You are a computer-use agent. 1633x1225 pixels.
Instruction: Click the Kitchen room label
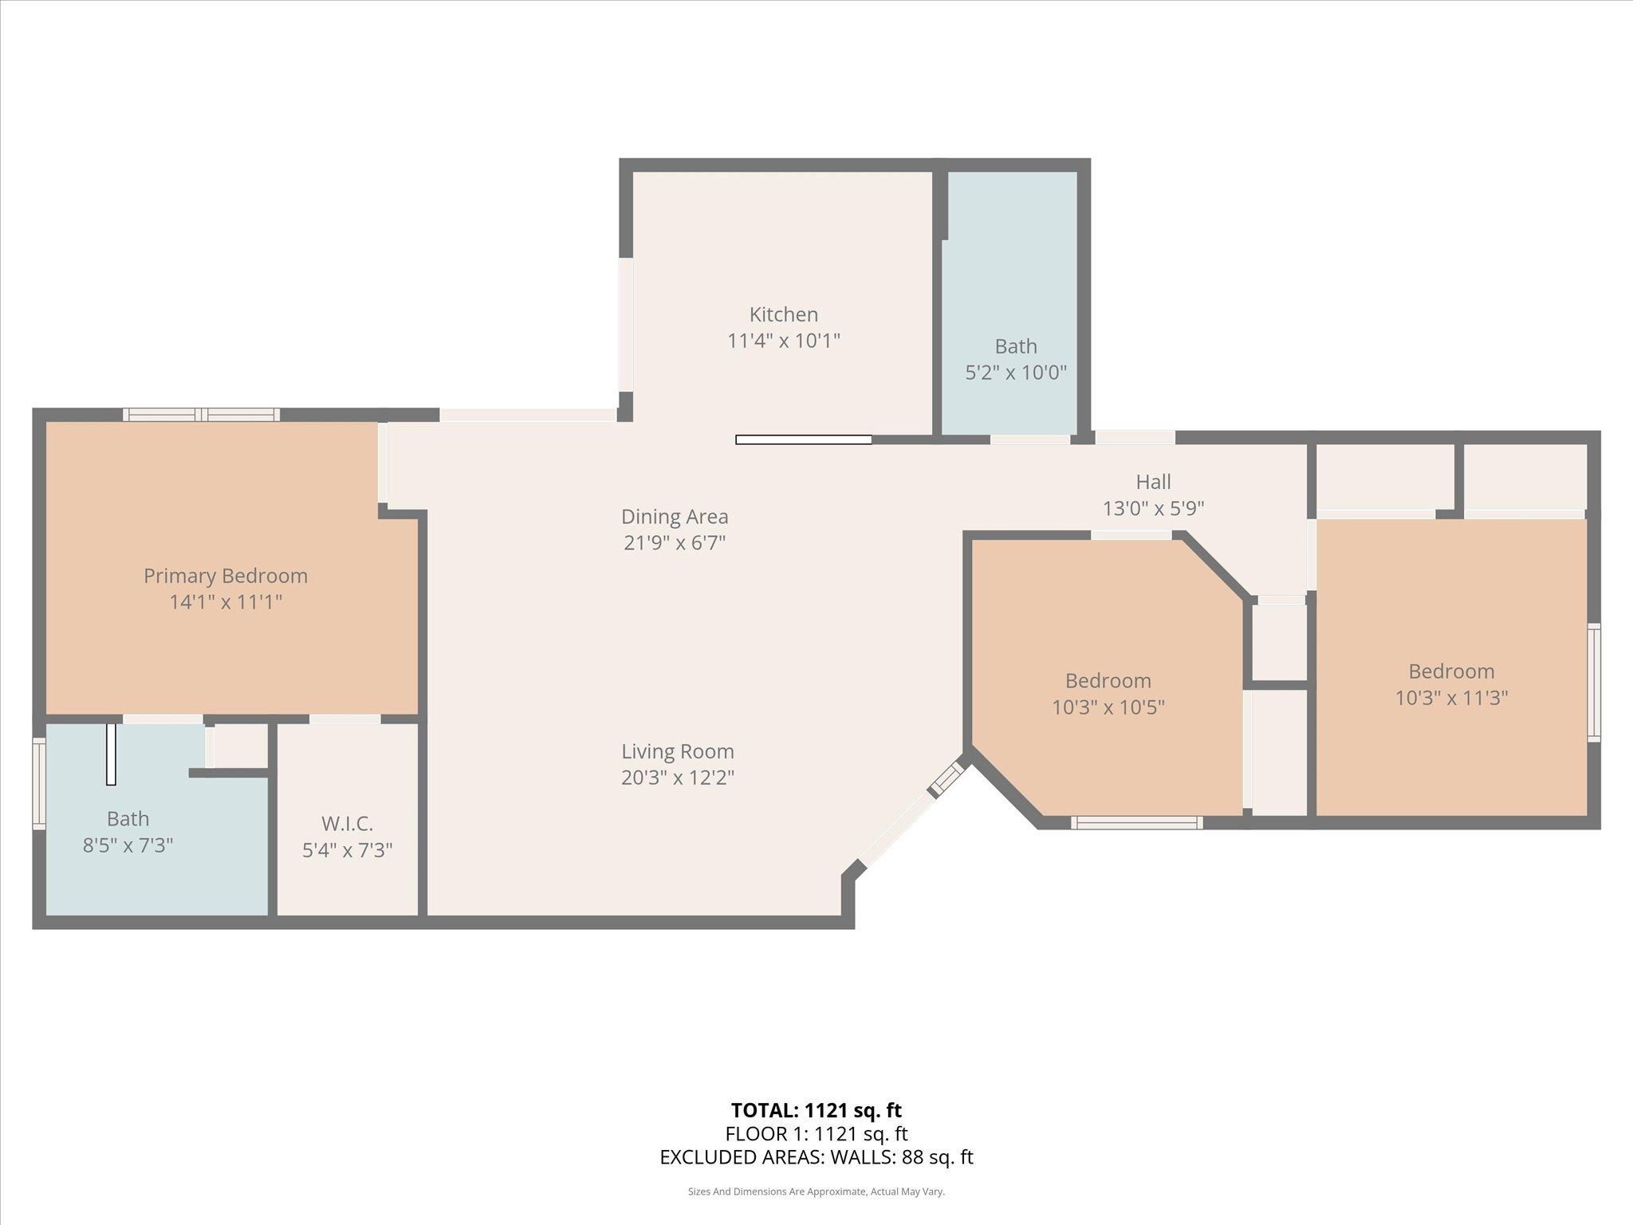coord(783,314)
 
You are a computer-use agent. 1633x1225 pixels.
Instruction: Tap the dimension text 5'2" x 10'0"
coord(1016,372)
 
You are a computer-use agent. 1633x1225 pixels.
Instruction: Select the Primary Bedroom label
coord(226,576)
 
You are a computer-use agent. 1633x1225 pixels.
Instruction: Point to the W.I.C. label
coord(347,823)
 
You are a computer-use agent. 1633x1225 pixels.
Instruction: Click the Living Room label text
coord(678,751)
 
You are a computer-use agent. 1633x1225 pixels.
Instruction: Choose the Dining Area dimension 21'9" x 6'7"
coord(675,543)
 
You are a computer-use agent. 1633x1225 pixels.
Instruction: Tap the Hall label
coord(1153,482)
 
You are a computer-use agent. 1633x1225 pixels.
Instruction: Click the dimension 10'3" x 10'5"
coord(1108,707)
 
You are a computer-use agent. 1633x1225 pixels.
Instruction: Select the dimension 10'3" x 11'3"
coord(1451,698)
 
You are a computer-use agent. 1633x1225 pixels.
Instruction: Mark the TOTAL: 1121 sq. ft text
coord(816,1110)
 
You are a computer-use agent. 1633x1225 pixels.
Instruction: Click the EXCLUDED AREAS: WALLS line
coord(816,1157)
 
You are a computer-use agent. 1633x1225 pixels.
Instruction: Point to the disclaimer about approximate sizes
coord(816,1192)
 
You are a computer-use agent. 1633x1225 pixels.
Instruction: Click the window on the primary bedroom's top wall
coord(202,415)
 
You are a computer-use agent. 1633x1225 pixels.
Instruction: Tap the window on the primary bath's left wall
coord(38,783)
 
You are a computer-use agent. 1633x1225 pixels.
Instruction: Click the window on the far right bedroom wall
coord(1593,683)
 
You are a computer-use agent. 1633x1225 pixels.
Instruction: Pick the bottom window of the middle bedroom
coord(1136,822)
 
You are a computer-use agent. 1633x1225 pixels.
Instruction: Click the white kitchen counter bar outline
coord(803,439)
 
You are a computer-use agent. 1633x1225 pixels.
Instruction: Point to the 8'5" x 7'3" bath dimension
coord(128,845)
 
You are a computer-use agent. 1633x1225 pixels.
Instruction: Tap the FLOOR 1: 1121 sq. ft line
coord(816,1134)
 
